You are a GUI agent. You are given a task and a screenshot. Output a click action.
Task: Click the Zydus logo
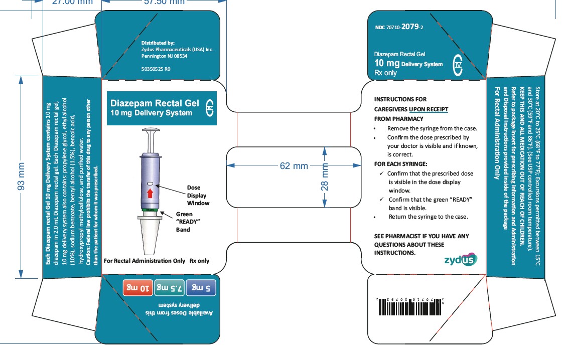coord(461,260)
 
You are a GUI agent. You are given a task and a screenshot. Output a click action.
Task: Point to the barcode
coord(408,305)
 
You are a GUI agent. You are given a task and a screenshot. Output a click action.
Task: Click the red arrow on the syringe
coord(149,193)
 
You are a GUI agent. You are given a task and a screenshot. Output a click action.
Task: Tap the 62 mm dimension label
coord(294,166)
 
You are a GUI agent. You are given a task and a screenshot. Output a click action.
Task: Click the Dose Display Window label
coord(198,195)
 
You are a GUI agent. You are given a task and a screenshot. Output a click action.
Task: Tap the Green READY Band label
coord(185,222)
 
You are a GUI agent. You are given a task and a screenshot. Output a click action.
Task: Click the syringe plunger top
coord(150,131)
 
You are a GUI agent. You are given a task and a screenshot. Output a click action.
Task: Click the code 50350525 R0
coord(156,69)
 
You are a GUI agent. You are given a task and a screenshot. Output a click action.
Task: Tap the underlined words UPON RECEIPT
coord(429,109)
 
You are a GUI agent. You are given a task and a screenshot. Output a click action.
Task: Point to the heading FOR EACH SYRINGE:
coord(401,164)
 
